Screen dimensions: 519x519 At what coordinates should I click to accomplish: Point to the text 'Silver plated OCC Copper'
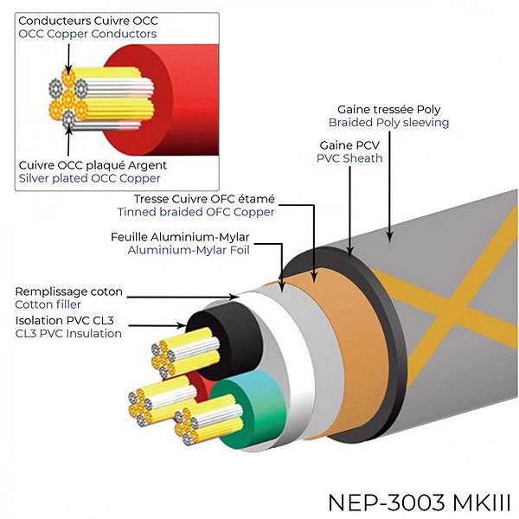[x=89, y=178]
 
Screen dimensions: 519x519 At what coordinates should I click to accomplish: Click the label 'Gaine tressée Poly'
[x=391, y=109]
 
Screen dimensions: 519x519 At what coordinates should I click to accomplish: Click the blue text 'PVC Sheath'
[x=351, y=158]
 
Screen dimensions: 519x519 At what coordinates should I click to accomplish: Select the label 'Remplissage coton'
[x=68, y=291]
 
